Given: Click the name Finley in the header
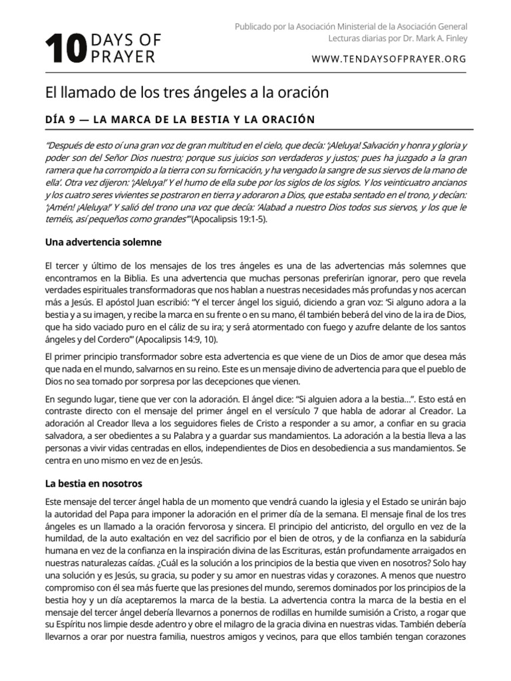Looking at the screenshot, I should tap(454, 38).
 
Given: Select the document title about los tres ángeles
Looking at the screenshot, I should tap(187, 92).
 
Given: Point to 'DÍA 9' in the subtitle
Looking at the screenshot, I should tap(62, 120).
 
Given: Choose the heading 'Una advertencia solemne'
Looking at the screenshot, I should tap(103, 242).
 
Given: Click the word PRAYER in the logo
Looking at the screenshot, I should tap(122, 57).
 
